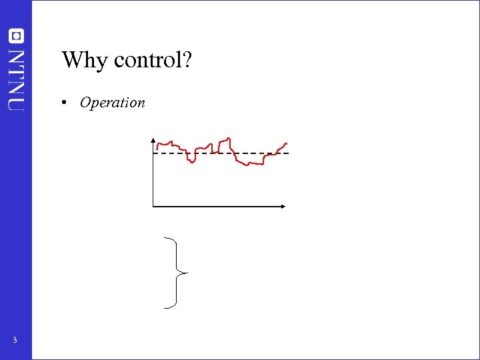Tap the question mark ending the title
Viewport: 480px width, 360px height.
187,61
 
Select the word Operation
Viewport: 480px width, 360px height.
112,103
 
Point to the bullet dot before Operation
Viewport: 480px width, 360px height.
63,103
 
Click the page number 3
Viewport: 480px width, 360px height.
15,341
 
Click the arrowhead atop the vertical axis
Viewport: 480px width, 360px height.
154,140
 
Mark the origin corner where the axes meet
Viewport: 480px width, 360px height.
154,207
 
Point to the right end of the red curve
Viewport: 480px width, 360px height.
287,143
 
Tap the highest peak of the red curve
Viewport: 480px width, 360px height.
229,138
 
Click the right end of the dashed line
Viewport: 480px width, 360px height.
289,153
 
